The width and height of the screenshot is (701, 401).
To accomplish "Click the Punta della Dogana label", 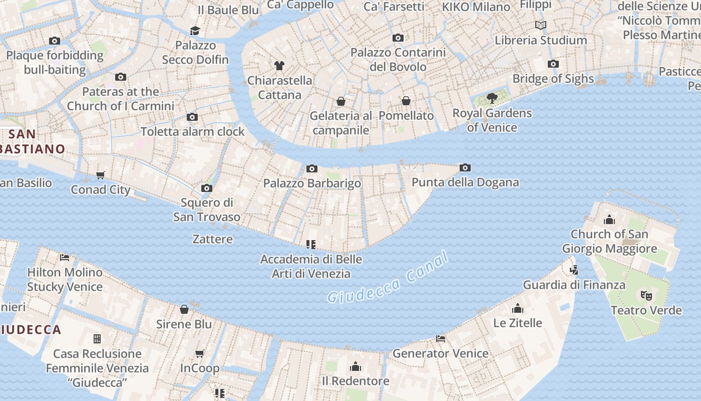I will click(x=465, y=182).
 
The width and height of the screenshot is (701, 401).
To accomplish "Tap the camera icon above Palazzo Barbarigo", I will click(x=312, y=169).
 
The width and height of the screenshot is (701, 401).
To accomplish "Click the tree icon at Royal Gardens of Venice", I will click(x=492, y=98).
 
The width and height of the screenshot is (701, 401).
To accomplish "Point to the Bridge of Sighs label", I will click(x=553, y=79).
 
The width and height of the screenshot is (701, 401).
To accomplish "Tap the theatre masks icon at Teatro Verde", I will click(x=646, y=296).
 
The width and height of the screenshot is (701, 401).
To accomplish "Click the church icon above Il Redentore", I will click(x=356, y=366).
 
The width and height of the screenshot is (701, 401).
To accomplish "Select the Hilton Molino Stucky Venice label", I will click(x=65, y=280).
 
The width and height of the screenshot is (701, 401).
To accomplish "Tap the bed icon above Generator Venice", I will click(x=441, y=339).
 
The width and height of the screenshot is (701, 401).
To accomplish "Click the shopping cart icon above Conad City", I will click(x=101, y=175).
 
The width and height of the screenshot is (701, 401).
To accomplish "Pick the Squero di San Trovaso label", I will click(x=207, y=210).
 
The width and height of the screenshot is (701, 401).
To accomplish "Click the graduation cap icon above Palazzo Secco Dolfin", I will click(x=195, y=31).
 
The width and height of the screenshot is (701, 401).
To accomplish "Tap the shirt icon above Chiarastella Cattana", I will click(x=279, y=66).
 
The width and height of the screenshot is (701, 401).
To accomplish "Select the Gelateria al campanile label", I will click(x=341, y=123).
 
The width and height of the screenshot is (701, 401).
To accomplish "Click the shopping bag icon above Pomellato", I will click(x=406, y=101).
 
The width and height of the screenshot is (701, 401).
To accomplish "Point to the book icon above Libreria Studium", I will click(x=540, y=26).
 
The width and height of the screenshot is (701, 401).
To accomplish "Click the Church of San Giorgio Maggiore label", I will click(x=609, y=241).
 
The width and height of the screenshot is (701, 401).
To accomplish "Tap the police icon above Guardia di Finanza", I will click(x=574, y=270).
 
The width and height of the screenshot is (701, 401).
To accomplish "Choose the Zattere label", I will click(x=213, y=239).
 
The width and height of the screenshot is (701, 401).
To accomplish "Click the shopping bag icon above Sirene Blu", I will click(x=184, y=309).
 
